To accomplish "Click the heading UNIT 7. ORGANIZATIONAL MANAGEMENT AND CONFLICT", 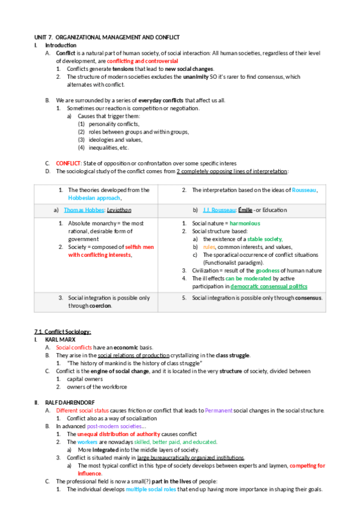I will (106, 37).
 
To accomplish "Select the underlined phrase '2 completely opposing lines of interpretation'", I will (231, 171).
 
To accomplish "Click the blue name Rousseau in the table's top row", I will (304, 190).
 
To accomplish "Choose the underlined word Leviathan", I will (118, 210).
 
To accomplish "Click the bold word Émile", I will (245, 210).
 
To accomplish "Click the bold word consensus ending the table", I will (307, 298).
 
